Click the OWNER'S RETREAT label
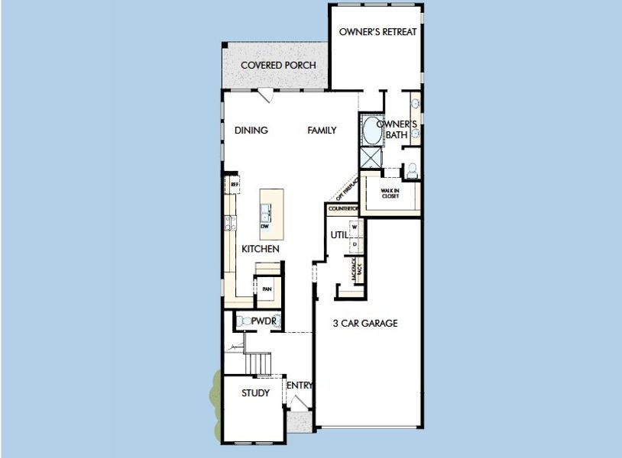378,32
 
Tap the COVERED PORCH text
278,65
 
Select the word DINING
251,131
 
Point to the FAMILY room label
322,131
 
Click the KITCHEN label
260,250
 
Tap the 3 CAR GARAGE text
364,324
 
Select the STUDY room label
255,394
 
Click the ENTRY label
300,385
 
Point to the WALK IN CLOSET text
391,192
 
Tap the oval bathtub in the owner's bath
372,131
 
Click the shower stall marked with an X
372,158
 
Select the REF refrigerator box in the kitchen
235,185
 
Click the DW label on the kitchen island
265,227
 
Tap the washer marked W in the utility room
355,227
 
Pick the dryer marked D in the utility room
355,244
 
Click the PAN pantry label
267,289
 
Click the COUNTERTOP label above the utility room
343,208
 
